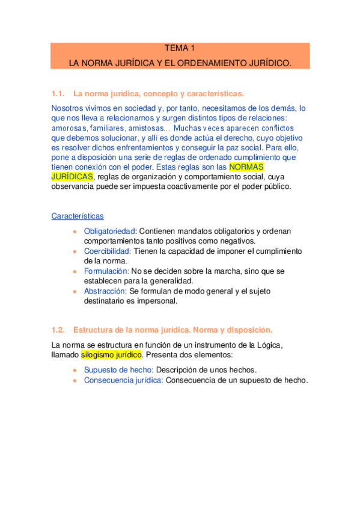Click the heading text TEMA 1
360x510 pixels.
(x=180, y=49)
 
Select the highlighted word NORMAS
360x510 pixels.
(x=247, y=167)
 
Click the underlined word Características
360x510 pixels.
(x=78, y=215)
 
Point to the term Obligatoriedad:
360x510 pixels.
(x=111, y=232)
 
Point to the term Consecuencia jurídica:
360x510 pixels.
(x=123, y=380)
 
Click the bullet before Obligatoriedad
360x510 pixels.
(x=75, y=232)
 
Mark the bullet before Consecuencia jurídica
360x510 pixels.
(x=75, y=381)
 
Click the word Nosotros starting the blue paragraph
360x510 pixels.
(x=70, y=108)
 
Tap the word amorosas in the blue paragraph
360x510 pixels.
(x=69, y=128)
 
